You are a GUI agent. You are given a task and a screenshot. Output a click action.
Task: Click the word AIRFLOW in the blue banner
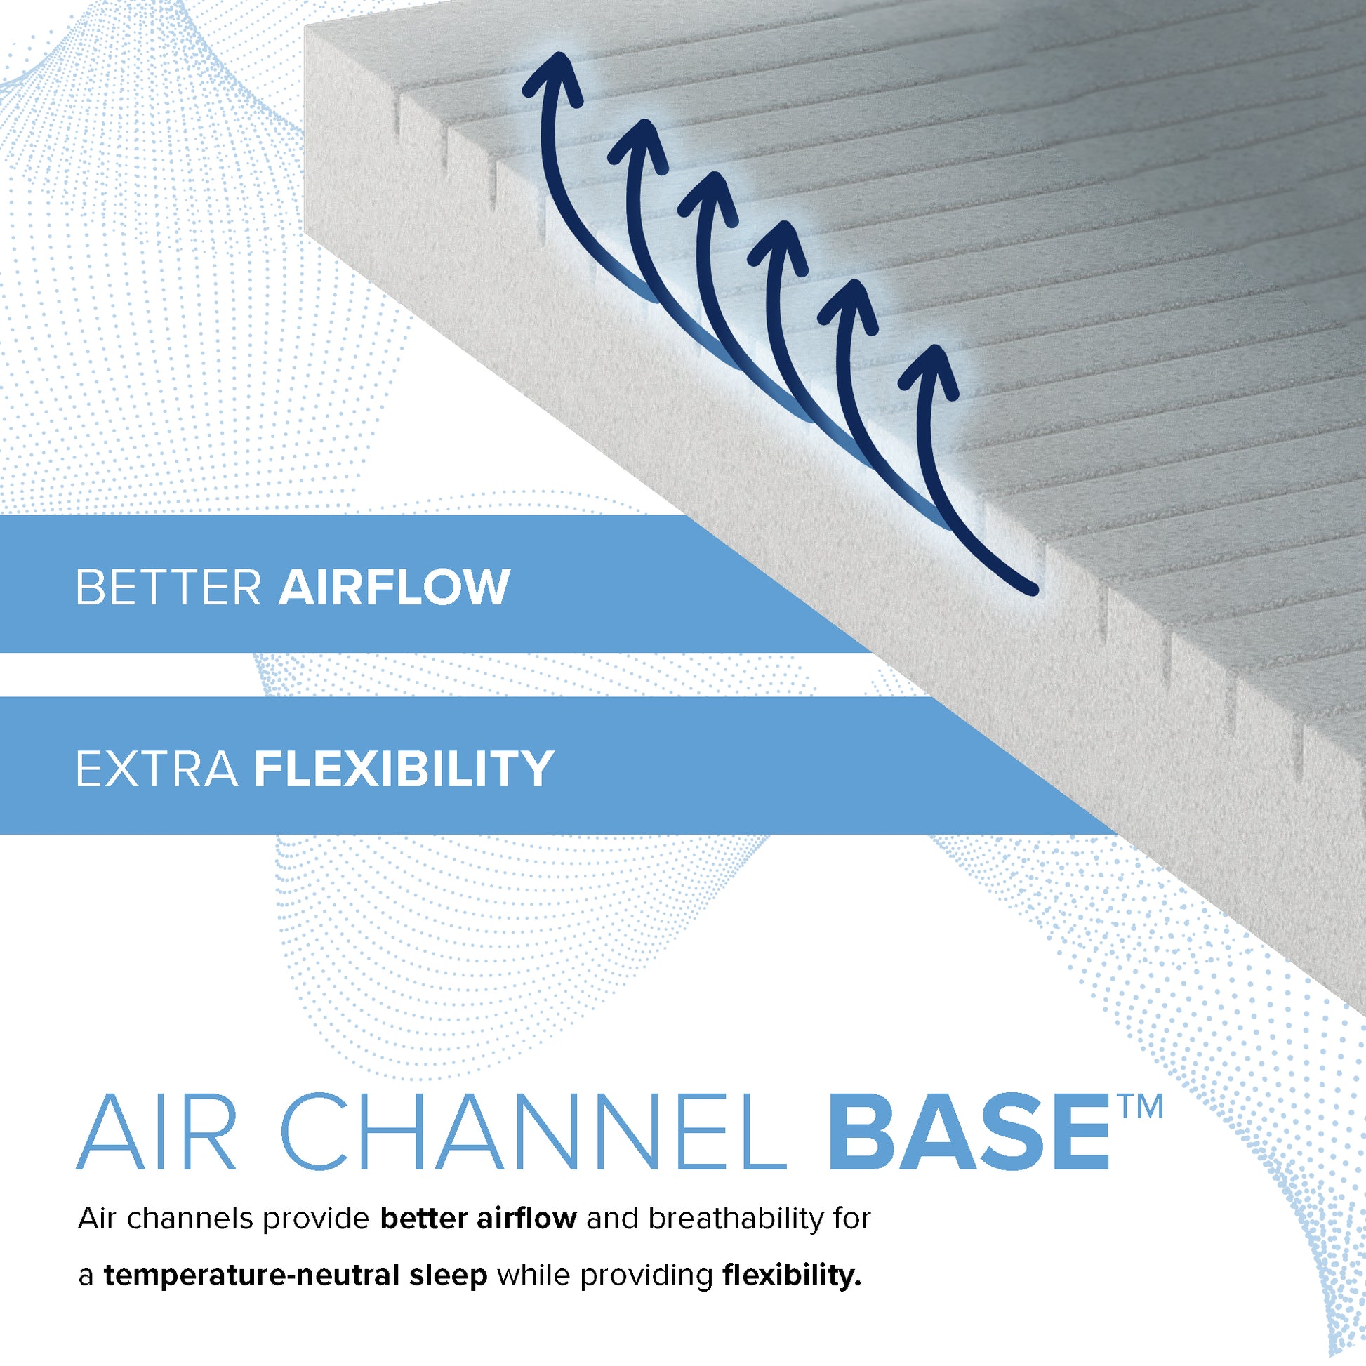pyautogui.click(x=394, y=587)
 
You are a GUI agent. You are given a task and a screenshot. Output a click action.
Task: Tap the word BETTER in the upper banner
pyautogui.click(x=169, y=587)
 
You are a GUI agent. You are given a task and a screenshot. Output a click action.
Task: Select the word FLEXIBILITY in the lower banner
pyautogui.click(x=404, y=769)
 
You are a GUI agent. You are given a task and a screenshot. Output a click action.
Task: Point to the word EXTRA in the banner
pyautogui.click(x=157, y=769)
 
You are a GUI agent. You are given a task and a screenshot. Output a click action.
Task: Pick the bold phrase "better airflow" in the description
pyautogui.click(x=479, y=1218)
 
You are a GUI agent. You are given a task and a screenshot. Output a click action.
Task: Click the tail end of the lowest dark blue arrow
pyautogui.click(x=1034, y=590)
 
